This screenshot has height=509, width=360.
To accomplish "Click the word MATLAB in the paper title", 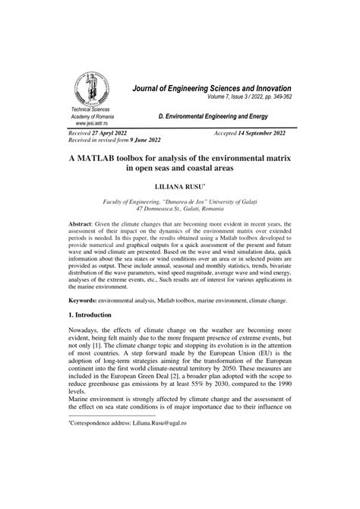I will point(99,175).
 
